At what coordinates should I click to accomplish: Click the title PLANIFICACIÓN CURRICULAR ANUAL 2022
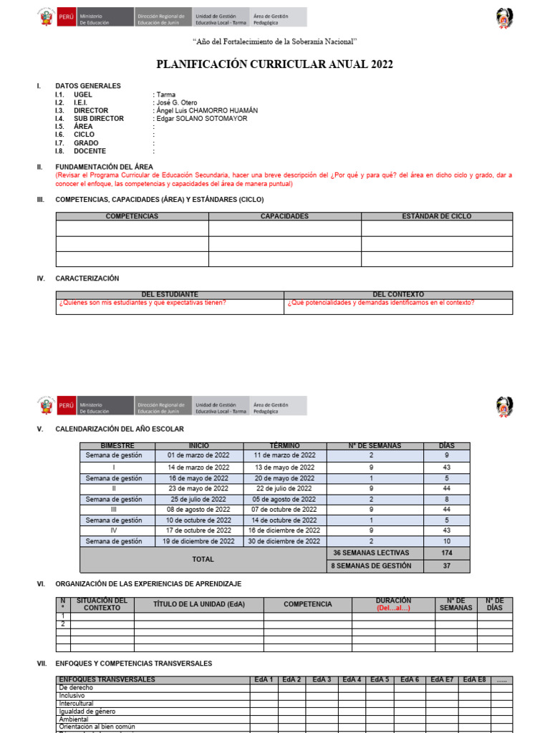[274, 65]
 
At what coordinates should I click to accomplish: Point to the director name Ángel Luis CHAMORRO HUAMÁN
[206, 110]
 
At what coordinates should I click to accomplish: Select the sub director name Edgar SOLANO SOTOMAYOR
[201, 119]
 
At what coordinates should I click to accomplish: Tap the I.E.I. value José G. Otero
[175, 102]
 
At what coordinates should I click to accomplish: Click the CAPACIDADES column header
[284, 216]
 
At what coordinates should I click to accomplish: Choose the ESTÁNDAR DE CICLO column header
[437, 216]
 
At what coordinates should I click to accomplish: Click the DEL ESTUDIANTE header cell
[170, 294]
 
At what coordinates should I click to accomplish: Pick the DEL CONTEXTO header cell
[398, 294]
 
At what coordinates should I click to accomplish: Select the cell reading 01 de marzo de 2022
[198, 455]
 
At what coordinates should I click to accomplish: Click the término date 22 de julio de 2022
[284, 488]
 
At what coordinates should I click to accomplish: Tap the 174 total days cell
[446, 553]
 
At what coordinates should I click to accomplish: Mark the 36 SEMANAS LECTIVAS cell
[371, 553]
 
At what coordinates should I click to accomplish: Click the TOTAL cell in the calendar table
[203, 559]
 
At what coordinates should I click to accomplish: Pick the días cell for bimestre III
[446, 510]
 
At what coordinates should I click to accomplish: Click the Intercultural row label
[77, 704]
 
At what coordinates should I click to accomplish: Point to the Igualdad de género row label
[87, 712]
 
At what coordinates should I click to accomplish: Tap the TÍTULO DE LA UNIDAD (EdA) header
[198, 604]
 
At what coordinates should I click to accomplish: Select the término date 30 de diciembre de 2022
[284, 542]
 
